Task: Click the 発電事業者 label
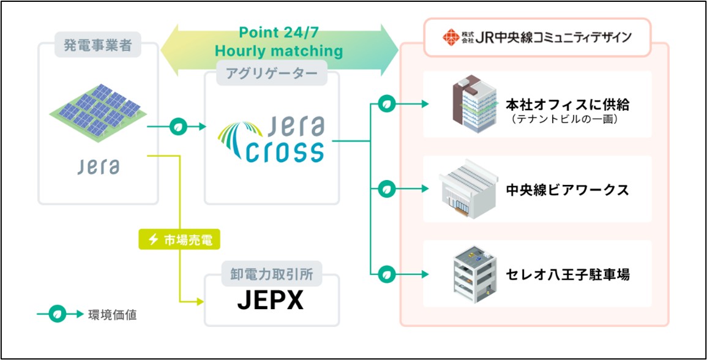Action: tap(98, 45)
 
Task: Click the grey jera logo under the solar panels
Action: tap(98, 167)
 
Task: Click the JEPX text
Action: tap(272, 301)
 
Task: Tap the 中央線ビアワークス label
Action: tap(567, 189)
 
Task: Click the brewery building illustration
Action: tap(467, 189)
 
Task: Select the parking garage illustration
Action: tap(469, 274)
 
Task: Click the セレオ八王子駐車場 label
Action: tap(567, 274)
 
